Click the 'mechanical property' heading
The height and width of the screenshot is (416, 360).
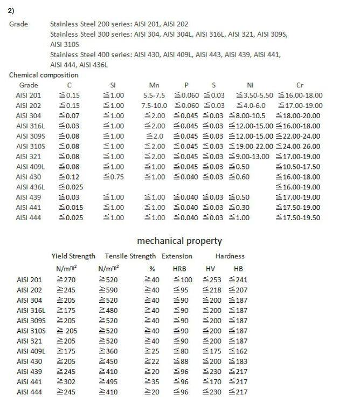(x=179, y=241)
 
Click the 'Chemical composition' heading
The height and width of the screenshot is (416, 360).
(x=44, y=75)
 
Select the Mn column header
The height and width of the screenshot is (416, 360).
(x=154, y=85)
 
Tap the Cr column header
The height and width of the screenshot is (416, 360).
(x=300, y=85)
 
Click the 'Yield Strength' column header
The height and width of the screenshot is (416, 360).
(x=73, y=256)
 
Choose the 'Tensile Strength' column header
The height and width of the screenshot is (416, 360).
(x=130, y=256)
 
